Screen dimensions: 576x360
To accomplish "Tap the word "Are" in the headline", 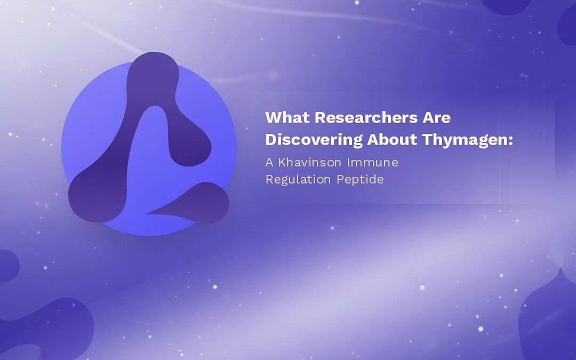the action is point(436,117).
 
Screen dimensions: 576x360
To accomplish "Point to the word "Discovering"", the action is point(314,140).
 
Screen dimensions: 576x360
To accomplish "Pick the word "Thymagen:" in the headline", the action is point(467,140).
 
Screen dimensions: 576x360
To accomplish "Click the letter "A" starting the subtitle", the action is point(269,162).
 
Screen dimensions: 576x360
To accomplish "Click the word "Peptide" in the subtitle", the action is point(361,180).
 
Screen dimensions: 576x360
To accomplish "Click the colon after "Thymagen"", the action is point(510,141).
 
